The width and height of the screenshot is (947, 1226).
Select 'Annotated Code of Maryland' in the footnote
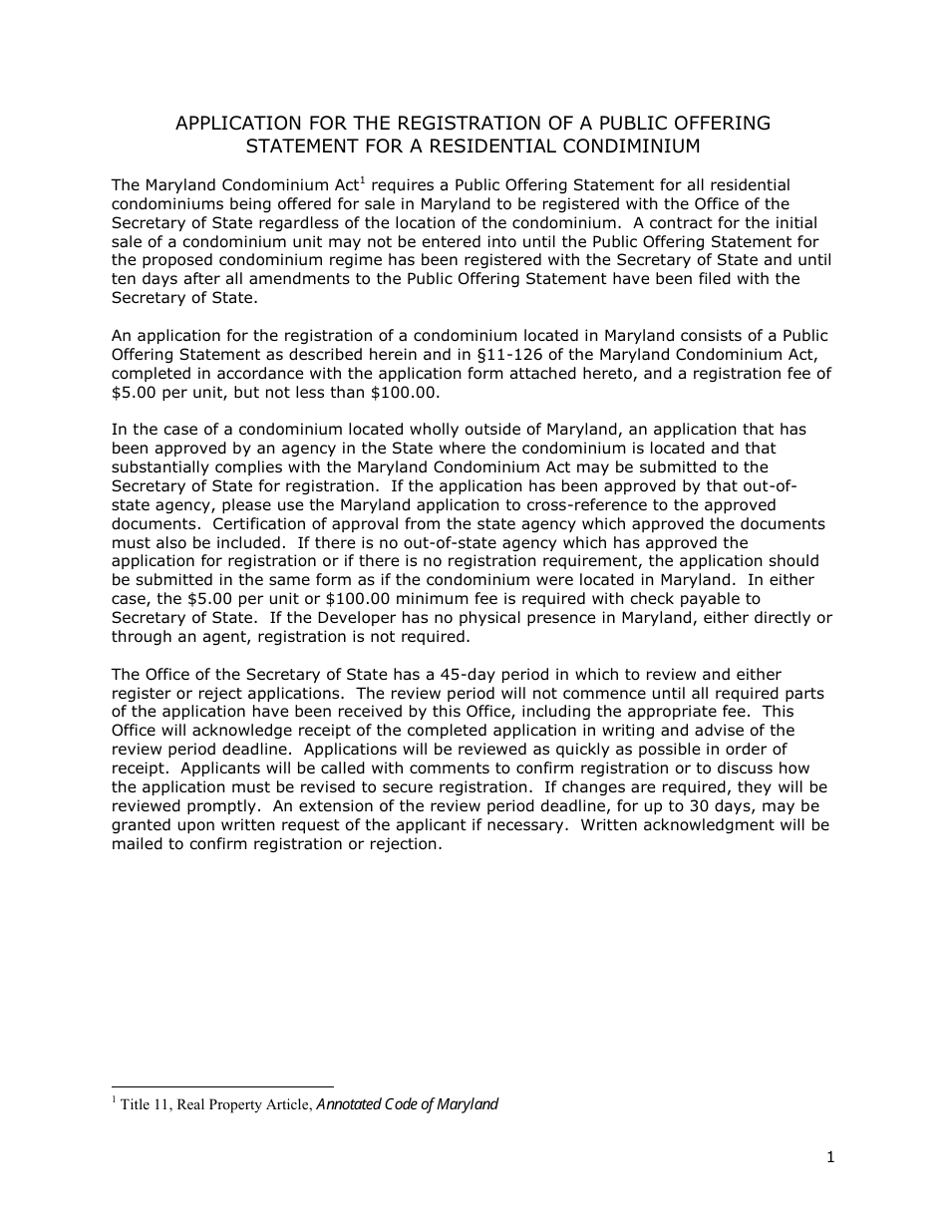pos(407,1104)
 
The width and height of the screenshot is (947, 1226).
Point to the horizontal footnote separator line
pos(222,1087)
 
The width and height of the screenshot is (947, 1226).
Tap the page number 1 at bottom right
pos(829,1157)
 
